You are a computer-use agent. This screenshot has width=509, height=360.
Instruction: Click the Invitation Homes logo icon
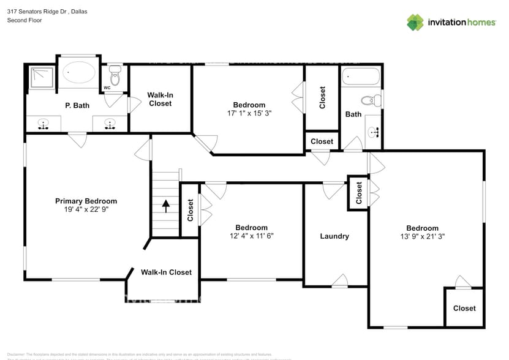tap(415, 22)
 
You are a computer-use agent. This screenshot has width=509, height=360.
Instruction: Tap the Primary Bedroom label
tap(86, 201)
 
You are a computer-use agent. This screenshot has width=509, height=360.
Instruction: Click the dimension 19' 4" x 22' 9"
tap(86, 209)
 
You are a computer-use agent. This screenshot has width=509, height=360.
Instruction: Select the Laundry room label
tap(334, 236)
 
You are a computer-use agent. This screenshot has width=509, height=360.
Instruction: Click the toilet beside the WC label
tap(115, 77)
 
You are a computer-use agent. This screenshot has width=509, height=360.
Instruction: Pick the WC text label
tap(107, 88)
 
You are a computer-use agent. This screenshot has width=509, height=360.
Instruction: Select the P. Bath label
tap(77, 105)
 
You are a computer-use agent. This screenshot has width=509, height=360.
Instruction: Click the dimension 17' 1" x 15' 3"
tap(249, 113)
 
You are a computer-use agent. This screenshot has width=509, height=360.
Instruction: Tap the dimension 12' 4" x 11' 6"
tap(251, 236)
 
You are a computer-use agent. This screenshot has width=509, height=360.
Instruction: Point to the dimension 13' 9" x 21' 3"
tap(422, 236)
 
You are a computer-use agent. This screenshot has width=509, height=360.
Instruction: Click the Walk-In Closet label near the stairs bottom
tap(166, 272)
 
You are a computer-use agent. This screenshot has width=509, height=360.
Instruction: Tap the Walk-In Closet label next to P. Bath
tap(160, 99)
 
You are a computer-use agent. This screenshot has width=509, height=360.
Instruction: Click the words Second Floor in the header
tap(24, 20)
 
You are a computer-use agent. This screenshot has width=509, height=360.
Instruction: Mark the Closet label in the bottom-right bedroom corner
tap(464, 308)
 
